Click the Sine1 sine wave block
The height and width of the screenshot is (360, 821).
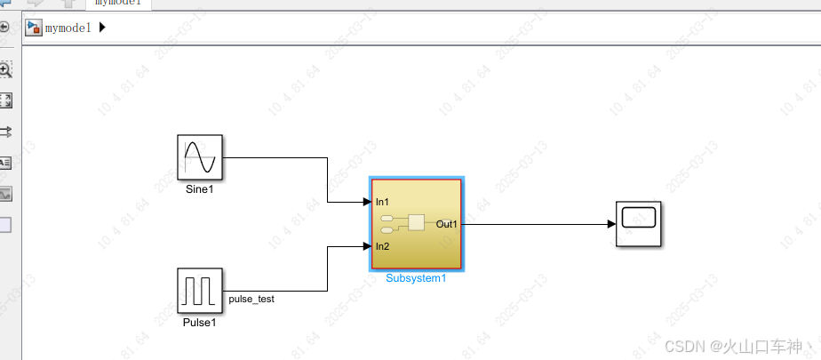click(200, 157)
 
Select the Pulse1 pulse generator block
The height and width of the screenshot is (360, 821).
click(200, 291)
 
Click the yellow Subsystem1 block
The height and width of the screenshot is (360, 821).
click(416, 224)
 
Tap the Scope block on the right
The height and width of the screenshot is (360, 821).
click(638, 223)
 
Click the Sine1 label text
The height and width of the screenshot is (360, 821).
click(200, 189)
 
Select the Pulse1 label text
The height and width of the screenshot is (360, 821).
click(200, 323)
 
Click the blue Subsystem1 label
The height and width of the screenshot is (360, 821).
click(416, 278)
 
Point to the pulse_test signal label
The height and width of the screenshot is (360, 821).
click(251, 300)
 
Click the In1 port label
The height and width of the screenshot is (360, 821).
click(383, 203)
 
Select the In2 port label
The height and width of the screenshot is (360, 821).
click(383, 246)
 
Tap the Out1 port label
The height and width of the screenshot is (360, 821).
click(447, 224)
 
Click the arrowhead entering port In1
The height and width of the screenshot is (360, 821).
click(367, 203)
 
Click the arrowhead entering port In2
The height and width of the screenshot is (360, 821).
click(367, 246)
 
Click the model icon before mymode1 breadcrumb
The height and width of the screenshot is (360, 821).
click(34, 28)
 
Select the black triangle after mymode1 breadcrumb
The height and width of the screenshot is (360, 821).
click(101, 28)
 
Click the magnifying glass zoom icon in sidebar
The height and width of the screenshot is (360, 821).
click(5, 69)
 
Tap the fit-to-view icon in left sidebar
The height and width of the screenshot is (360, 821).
click(5, 100)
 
